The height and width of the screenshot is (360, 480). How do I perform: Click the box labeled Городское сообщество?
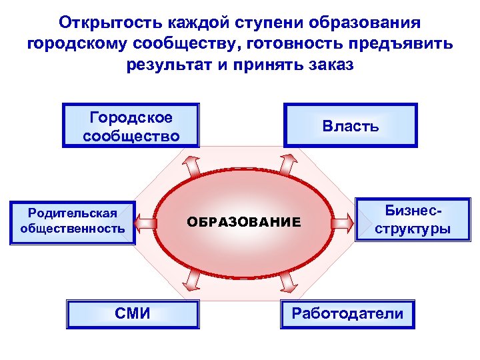tap(131, 126)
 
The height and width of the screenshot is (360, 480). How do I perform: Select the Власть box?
tap(350, 126)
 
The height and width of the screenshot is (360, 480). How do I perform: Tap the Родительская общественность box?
tap(73, 221)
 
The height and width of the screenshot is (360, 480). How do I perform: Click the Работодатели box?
tap(347, 313)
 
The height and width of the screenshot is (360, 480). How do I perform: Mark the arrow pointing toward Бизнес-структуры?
tap(341, 221)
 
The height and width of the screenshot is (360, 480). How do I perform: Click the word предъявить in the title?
tap(403, 45)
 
